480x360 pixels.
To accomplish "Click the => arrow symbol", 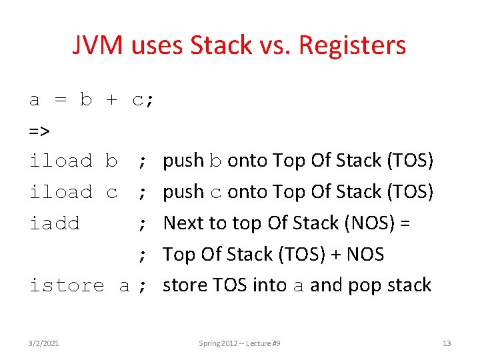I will (39, 130).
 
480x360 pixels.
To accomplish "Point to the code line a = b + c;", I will (92, 100).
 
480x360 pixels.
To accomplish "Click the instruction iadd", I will (55, 223).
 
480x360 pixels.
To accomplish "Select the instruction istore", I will (67, 286).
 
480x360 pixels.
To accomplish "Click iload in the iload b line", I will (61, 161).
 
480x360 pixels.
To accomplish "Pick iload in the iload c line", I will (61, 192).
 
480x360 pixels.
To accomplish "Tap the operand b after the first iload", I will (111, 161).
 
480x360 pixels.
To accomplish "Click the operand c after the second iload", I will (111, 193).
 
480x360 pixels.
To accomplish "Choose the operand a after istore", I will (124, 286).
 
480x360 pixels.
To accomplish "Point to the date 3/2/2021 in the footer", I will (44, 343).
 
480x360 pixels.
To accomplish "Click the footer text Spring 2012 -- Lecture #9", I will (239, 343).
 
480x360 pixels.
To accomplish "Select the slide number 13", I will (447, 343).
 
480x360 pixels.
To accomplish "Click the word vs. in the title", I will (275, 45).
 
